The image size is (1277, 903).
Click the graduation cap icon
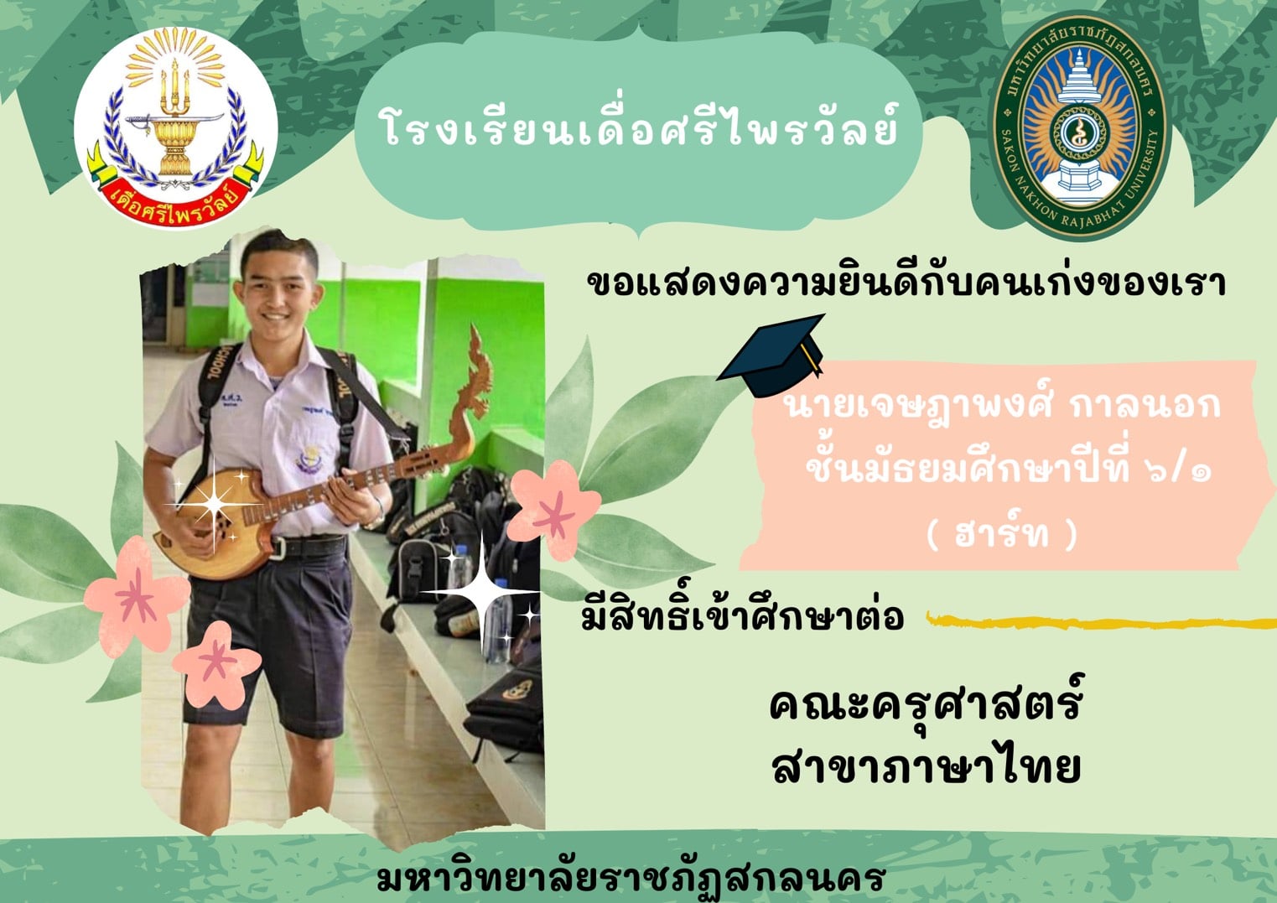pyautogui.click(x=772, y=355)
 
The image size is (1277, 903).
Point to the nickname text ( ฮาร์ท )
pyautogui.click(x=1002, y=534)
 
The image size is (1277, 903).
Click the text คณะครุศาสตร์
pyautogui.click(x=925, y=705)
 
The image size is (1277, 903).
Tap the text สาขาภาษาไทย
pyautogui.click(x=926, y=767)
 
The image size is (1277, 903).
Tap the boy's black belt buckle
pyautogui.click(x=278, y=548)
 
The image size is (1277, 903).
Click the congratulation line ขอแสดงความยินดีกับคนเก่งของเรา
pyautogui.click(x=906, y=283)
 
